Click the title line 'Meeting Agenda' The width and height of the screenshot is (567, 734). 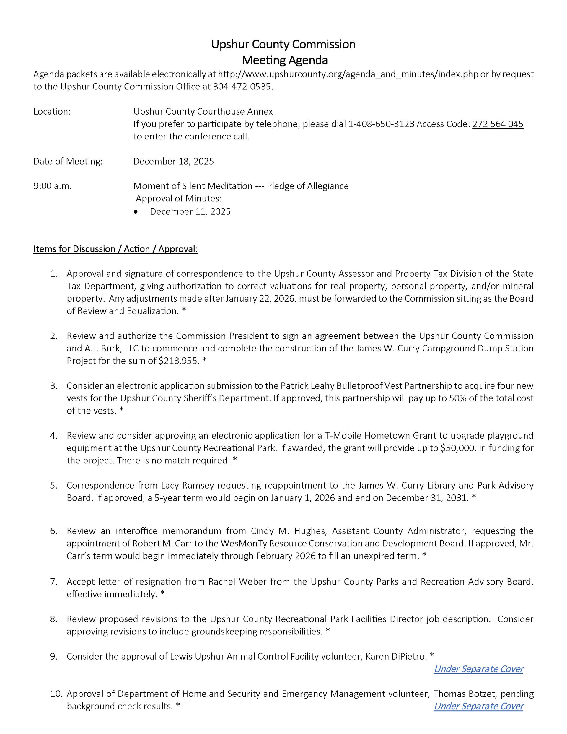click(x=285, y=60)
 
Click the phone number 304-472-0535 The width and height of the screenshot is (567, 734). click(x=242, y=87)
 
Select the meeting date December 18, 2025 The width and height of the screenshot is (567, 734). click(x=173, y=161)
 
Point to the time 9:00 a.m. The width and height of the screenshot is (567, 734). click(x=53, y=186)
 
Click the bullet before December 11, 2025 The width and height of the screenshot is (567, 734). click(x=136, y=212)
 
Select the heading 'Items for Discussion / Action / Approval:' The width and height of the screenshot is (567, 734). click(x=116, y=249)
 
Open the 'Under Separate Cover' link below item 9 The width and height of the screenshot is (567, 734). click(x=478, y=669)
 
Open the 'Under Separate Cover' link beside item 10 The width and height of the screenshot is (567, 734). click(x=478, y=707)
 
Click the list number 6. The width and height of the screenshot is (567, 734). click(x=54, y=531)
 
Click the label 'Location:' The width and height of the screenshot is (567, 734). click(x=52, y=112)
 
